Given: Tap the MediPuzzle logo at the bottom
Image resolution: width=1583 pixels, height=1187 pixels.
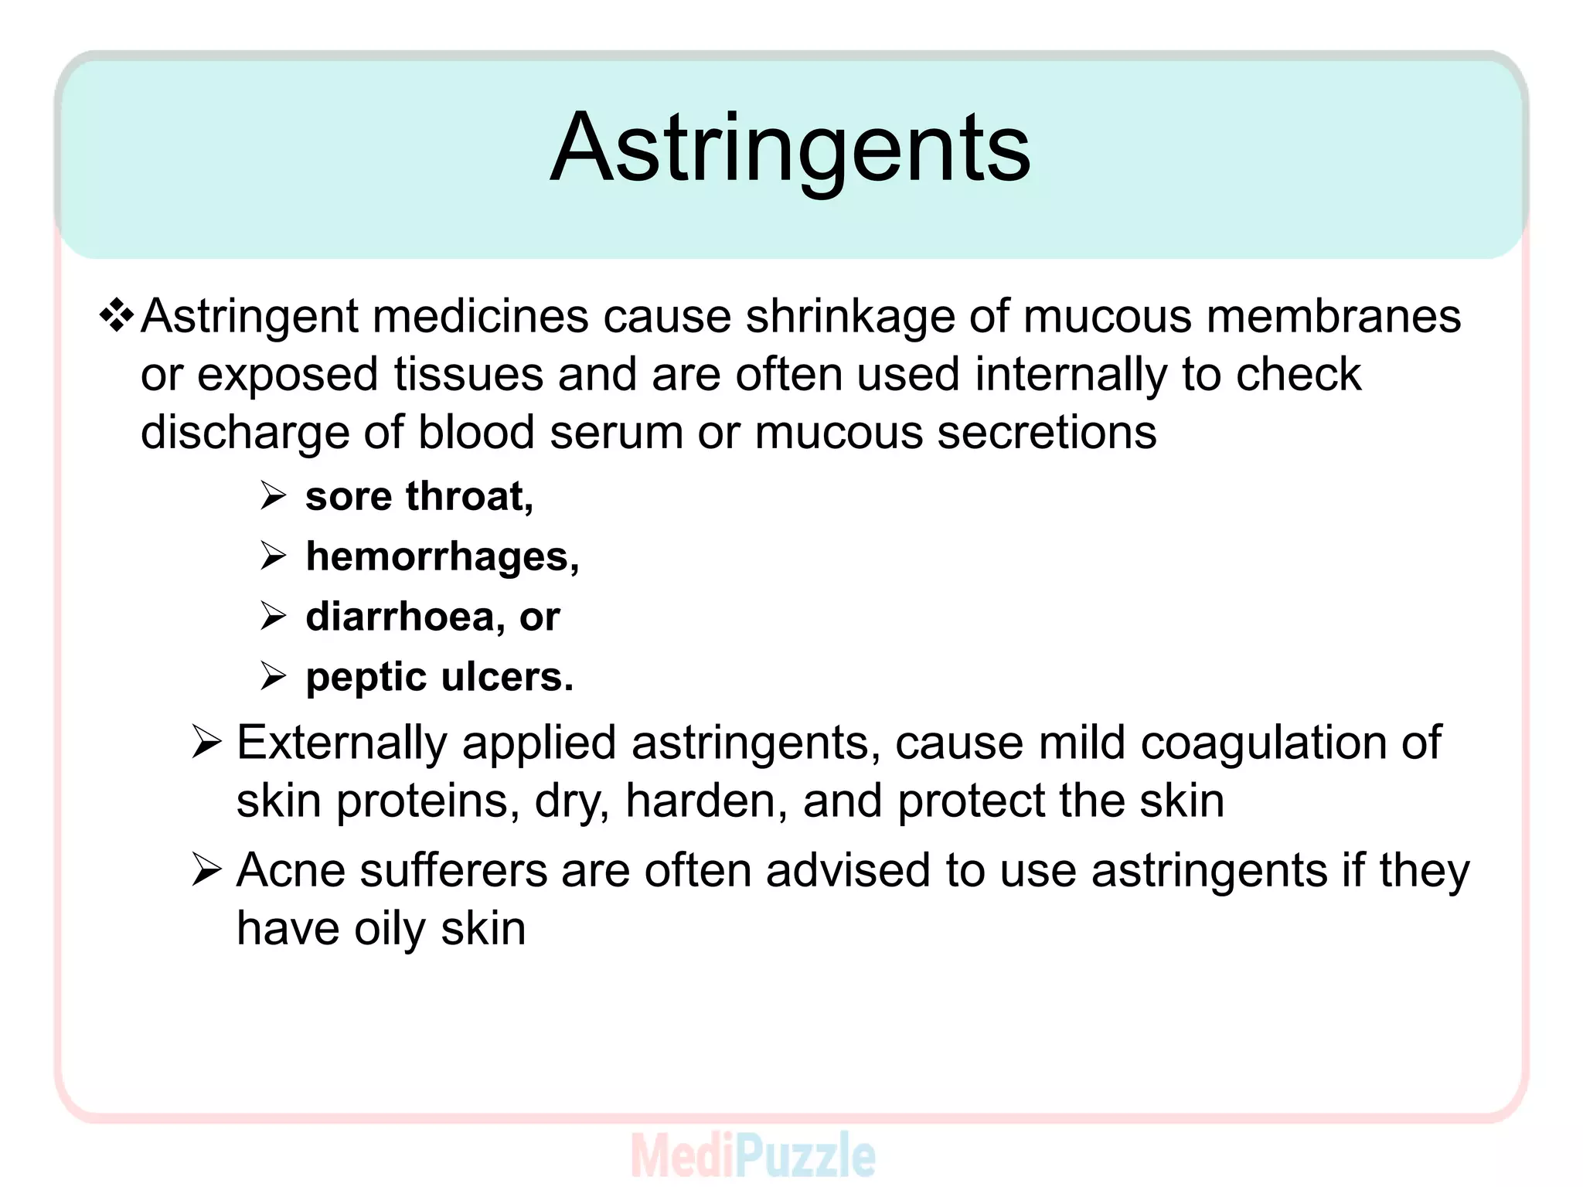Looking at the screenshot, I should pyautogui.click(x=753, y=1155).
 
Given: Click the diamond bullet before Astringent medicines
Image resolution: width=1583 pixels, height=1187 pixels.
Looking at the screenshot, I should pyautogui.click(x=117, y=316).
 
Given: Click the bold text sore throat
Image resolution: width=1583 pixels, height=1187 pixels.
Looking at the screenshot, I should pyautogui.click(x=418, y=496).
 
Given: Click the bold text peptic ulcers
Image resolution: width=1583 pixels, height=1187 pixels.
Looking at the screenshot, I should pyautogui.click(x=439, y=678).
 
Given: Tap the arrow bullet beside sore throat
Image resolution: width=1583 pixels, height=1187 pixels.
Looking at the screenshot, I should pyautogui.click(x=273, y=495).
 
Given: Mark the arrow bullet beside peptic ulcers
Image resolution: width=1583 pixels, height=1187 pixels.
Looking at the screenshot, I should pyautogui.click(x=273, y=676).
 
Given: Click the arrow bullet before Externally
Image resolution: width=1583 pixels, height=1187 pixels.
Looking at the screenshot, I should pyautogui.click(x=206, y=743).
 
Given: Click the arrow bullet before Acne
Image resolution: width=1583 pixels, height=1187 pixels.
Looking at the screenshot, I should pyautogui.click(x=206, y=870).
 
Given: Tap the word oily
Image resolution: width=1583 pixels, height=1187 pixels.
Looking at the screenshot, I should pyautogui.click(x=390, y=928).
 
